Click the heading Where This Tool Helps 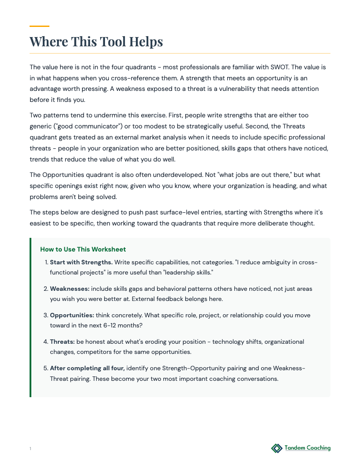point(96,41)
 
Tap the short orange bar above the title point(39,26)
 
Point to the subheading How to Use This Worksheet point(83,249)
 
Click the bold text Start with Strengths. point(81,262)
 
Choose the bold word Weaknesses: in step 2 point(70,289)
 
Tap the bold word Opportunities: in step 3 point(72,315)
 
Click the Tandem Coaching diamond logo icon point(277,448)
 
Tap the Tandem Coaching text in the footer point(307,448)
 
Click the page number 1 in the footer point(30,449)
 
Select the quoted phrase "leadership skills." point(188,273)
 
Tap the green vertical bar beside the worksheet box point(30,317)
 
